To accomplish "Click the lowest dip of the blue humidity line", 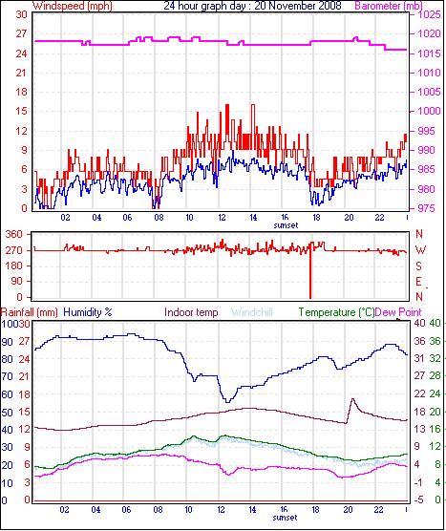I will tap(226, 402).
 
